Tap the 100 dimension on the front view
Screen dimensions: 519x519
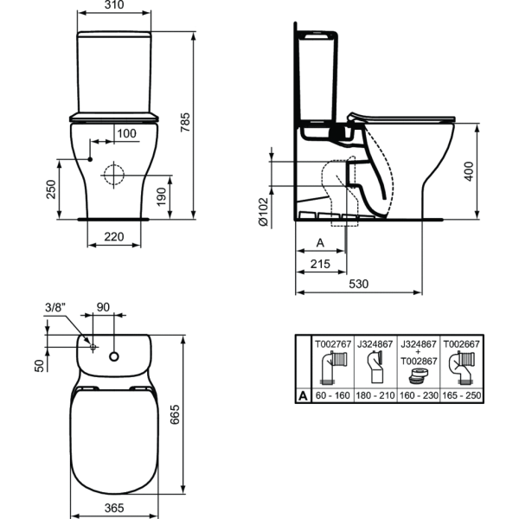(126, 133)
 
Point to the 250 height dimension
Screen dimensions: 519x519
(51, 189)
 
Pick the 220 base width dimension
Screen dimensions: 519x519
(113, 236)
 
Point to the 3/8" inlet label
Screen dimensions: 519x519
(54, 307)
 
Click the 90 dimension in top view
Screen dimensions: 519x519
(103, 307)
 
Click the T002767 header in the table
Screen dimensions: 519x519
(332, 343)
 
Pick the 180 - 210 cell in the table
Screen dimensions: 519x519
(375, 395)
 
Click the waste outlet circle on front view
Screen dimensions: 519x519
(113, 174)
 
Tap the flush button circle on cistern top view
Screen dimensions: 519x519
(114, 355)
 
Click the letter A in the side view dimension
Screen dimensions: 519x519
(321, 243)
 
